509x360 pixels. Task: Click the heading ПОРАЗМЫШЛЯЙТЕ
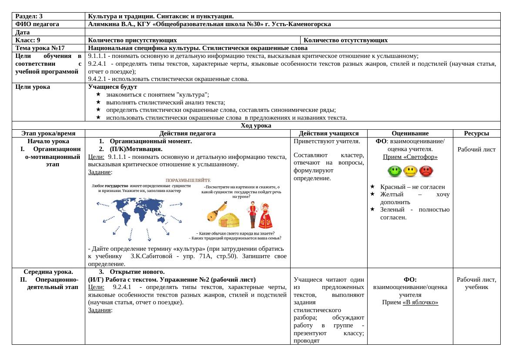pos(188,180)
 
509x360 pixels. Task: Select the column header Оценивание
pos(410,134)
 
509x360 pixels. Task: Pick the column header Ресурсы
pos(476,134)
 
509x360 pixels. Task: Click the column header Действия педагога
pos(188,134)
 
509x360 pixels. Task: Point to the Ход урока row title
pos(256,126)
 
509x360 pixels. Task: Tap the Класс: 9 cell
pos(27,40)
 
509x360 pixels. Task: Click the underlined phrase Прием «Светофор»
pos(410,157)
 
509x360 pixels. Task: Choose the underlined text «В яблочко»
pos(420,303)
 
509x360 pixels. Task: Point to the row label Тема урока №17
pos(40,48)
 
